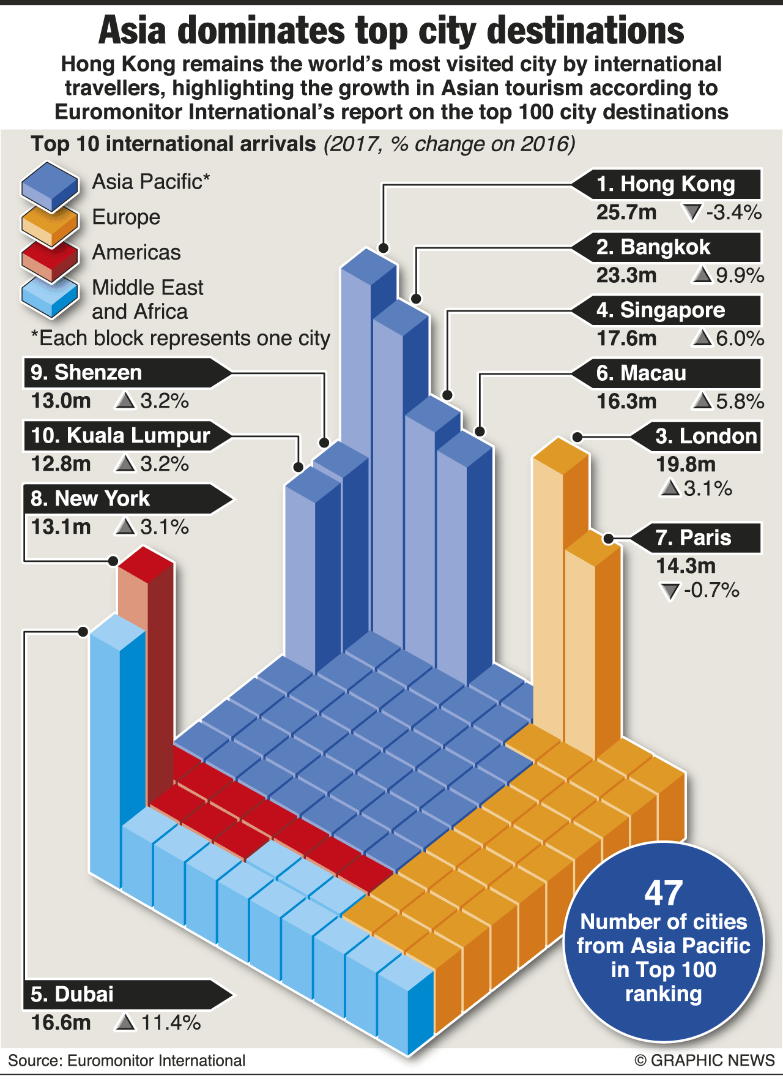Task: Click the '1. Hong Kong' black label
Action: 667,184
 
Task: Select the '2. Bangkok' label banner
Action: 667,247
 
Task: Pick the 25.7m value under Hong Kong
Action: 626,212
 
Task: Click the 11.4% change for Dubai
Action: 171,1022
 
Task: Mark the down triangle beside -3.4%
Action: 692,213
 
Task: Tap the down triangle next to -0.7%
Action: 670,591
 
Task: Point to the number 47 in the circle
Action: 664,894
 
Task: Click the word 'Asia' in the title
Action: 132,31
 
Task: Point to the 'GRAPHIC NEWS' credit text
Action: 713,1060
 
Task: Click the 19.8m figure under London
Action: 686,465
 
